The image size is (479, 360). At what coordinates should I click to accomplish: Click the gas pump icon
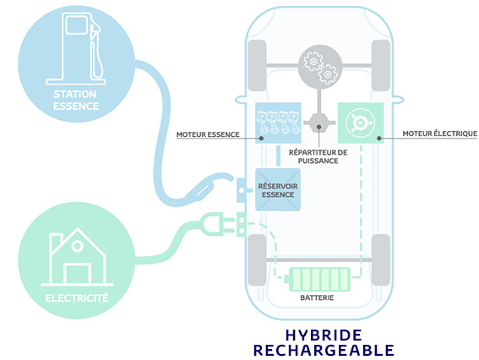75,49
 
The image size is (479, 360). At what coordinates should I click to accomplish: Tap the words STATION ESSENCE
76,101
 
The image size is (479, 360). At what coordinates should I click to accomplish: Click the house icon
77,257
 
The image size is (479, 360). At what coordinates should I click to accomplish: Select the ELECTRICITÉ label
77,298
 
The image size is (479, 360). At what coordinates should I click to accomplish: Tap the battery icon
317,280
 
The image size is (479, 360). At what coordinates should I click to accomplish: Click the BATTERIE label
317,297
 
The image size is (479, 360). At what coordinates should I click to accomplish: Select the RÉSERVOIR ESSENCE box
278,190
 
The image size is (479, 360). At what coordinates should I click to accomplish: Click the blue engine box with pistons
278,123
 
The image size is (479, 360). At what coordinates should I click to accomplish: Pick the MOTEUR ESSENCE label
208,134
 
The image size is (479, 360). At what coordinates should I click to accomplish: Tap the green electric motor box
361,123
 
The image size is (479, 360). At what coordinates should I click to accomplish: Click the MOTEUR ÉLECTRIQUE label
440,134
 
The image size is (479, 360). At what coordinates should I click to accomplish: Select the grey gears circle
320,68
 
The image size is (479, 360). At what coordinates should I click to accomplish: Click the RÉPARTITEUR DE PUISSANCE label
318,156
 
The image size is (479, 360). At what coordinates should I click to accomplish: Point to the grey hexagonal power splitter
319,123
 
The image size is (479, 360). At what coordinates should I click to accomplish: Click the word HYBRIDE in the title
324,335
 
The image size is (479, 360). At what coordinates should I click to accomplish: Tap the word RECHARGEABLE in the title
324,350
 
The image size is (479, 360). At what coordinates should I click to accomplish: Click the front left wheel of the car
257,65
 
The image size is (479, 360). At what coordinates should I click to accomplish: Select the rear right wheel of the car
381,260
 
